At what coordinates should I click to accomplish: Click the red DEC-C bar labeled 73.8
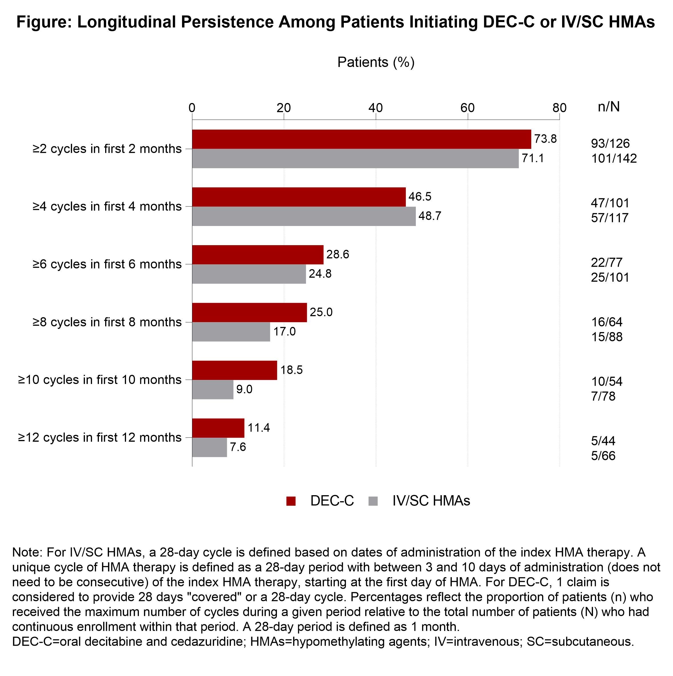click(x=361, y=139)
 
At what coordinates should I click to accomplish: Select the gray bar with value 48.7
click(x=303, y=216)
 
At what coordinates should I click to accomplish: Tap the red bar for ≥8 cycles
click(x=249, y=312)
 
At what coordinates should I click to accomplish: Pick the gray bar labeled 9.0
click(x=213, y=389)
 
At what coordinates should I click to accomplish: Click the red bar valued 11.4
click(x=218, y=428)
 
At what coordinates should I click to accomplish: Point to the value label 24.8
click(x=320, y=273)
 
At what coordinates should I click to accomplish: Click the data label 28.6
click(x=338, y=254)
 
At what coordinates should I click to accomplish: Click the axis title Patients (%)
click(x=376, y=62)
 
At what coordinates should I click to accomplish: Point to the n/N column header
click(x=609, y=106)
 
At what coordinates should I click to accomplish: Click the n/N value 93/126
click(x=610, y=143)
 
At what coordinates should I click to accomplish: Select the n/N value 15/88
click(x=607, y=337)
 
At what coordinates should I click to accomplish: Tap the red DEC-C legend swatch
click(x=291, y=501)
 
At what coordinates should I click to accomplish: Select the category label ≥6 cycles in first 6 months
click(x=107, y=264)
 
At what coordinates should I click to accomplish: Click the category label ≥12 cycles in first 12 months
click(x=100, y=437)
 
